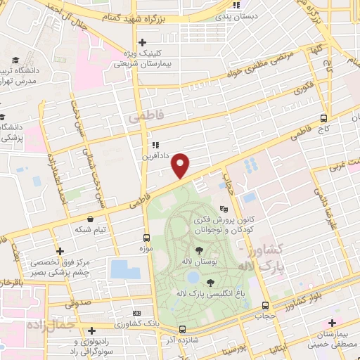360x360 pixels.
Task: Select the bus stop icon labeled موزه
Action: (146, 238)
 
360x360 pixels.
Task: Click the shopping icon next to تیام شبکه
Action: (91, 219)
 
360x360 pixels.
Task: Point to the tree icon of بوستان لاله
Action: (199, 250)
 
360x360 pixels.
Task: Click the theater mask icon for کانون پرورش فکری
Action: (224, 209)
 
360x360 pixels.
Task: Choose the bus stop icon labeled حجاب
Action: (265, 305)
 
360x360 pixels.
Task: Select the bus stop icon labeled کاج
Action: (323, 118)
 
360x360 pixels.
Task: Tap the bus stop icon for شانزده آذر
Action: (182, 328)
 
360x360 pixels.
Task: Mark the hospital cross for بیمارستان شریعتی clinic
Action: (143, 42)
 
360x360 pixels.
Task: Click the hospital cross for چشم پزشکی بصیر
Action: (61, 250)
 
